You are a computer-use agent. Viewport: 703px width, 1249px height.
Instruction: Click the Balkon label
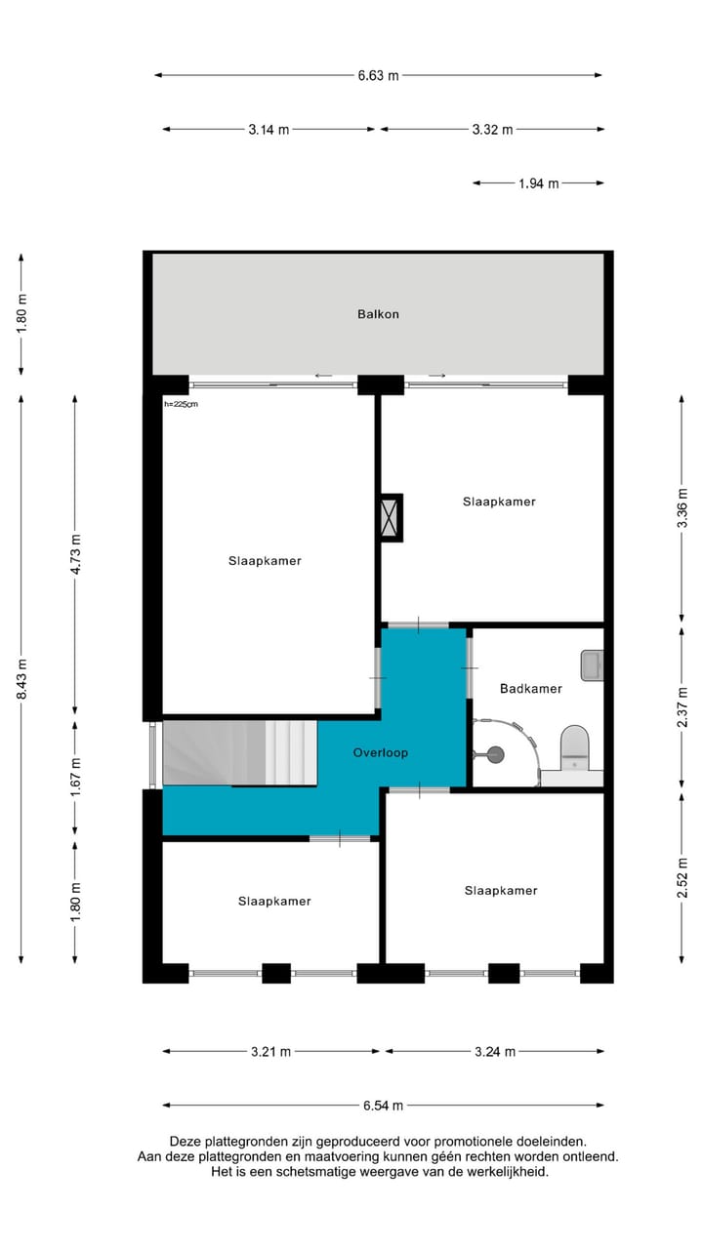pyautogui.click(x=377, y=314)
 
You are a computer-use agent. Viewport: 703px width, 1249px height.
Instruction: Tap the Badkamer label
pyautogui.click(x=530, y=689)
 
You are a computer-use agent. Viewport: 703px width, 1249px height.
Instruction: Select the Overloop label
pyautogui.click(x=380, y=753)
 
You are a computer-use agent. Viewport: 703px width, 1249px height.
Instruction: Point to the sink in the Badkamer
pyautogui.click(x=592, y=665)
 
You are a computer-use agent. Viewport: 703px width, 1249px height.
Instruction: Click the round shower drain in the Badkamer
pyautogui.click(x=495, y=752)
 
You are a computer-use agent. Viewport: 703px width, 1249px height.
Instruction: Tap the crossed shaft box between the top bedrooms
pyautogui.click(x=391, y=517)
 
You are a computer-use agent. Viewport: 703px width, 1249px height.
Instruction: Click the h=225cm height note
pyautogui.click(x=181, y=403)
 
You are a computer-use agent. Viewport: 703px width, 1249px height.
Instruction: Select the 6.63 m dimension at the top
pyautogui.click(x=378, y=75)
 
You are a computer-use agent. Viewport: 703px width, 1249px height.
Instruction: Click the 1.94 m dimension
pyautogui.click(x=538, y=182)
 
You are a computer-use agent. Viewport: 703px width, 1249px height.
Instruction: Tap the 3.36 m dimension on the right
pyautogui.click(x=682, y=507)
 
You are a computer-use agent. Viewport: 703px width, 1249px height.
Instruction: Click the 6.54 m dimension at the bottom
pyautogui.click(x=382, y=1106)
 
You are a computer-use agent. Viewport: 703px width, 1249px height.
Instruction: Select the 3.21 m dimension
pyautogui.click(x=270, y=1052)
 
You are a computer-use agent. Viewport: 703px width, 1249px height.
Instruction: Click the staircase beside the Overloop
pyautogui.click(x=239, y=753)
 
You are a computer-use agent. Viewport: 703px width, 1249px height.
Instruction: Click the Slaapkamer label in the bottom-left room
pyautogui.click(x=274, y=902)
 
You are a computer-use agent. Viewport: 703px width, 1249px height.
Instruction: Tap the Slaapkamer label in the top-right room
pyautogui.click(x=499, y=502)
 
